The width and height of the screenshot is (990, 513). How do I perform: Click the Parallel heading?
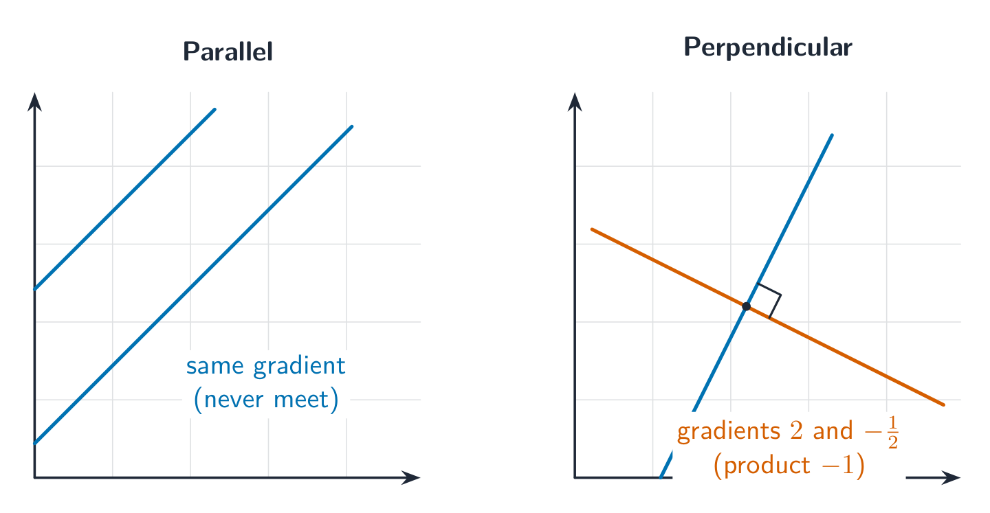point(228,52)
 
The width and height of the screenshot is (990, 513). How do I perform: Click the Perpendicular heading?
point(768,47)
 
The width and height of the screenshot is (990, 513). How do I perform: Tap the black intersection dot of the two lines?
point(746,306)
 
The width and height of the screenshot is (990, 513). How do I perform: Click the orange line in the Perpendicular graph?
point(768,317)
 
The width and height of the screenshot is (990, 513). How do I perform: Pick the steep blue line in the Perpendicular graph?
point(746,306)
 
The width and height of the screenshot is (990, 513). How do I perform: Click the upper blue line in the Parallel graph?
point(124,199)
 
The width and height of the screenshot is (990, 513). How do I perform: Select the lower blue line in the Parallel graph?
point(193,285)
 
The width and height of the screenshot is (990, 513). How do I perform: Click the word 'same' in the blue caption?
point(214,367)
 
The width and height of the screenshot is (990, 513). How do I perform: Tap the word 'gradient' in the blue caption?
point(299,367)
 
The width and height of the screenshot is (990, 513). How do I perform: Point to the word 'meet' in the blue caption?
point(301,400)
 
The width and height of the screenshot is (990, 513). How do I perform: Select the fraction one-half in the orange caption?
point(893,433)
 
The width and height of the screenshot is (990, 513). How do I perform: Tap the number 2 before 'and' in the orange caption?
point(796,431)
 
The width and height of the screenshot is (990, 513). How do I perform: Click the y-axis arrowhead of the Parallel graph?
point(34,102)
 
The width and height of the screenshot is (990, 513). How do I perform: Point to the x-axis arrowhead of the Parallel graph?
point(411,477)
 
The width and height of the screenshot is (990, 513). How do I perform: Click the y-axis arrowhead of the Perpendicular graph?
point(575,102)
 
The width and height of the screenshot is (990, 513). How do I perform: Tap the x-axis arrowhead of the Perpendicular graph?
point(951,477)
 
